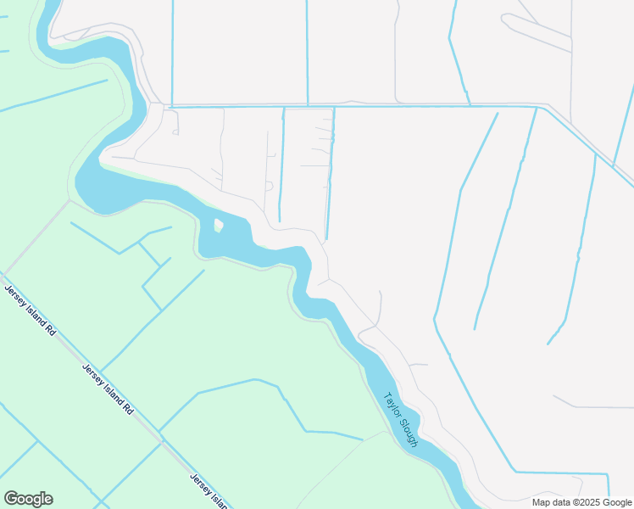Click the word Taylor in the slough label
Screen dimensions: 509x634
pos(392,405)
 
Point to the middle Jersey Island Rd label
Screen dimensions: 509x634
pos(108,389)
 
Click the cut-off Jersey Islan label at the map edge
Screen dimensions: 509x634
pos(209,490)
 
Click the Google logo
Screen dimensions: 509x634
pos(28,499)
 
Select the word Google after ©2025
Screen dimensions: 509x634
pos(615,502)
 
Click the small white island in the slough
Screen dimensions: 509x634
pos(218,226)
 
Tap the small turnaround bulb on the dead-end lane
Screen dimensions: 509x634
pos(269,186)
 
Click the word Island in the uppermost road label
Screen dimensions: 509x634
pos(35,315)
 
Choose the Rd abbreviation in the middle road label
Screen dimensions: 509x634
pos(128,407)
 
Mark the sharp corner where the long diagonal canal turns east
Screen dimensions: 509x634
pos(514,471)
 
